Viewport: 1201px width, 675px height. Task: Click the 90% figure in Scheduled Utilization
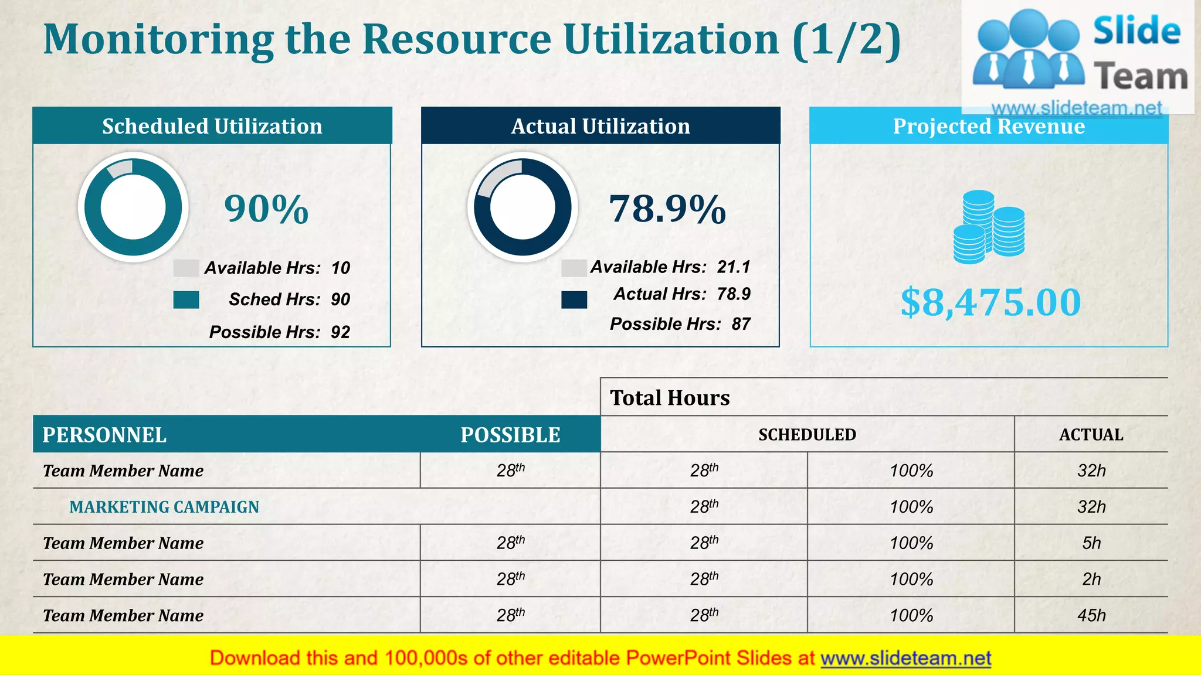[x=266, y=209]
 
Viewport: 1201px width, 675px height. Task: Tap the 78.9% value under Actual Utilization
[x=667, y=209]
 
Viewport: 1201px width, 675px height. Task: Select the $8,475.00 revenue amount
[x=990, y=302]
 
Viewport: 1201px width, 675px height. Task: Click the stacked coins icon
[x=989, y=227]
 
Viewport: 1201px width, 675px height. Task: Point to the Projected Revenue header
[x=989, y=127]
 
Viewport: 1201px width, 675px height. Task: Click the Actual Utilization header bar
[x=600, y=126]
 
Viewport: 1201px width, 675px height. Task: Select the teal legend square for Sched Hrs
[x=186, y=300]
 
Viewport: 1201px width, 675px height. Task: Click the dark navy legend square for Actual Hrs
[x=574, y=300]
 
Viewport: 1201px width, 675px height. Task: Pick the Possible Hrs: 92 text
[x=279, y=332]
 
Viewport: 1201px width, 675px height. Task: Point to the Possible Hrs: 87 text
[x=680, y=324]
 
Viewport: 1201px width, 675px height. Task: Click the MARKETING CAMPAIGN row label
[x=164, y=507]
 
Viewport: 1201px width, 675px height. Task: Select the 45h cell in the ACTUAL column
[x=1091, y=615]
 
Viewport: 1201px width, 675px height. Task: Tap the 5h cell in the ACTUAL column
[x=1091, y=543]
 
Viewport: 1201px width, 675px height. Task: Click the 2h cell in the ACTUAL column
[x=1091, y=579]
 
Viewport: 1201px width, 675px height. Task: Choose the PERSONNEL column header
[x=104, y=435]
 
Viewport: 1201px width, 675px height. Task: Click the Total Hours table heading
[x=670, y=398]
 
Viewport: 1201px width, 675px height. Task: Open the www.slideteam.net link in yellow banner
[x=905, y=658]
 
